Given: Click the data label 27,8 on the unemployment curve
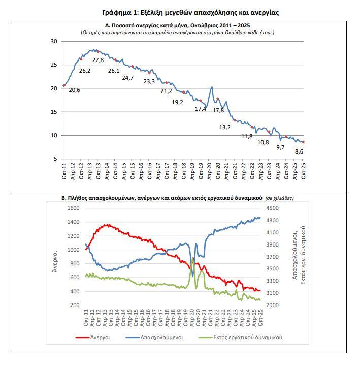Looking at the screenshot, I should pyautogui.click(x=99, y=60).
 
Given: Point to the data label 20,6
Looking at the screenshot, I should pyautogui.click(x=75, y=90).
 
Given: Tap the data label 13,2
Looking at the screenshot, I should pyautogui.click(x=224, y=128).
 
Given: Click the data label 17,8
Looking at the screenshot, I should pyautogui.click(x=218, y=110).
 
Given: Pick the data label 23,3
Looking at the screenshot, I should pyautogui.click(x=149, y=81).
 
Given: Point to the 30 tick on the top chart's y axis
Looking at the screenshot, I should pyautogui.click(x=54, y=41).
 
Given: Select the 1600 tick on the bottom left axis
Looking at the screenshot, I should pyautogui.click(x=74, y=208).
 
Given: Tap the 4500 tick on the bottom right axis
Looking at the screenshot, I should pyautogui.click(x=272, y=208).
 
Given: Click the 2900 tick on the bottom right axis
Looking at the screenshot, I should pyautogui.click(x=272, y=305).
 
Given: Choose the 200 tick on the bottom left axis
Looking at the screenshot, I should pyautogui.click(x=76, y=305).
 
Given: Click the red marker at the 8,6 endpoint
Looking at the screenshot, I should pyautogui.click(x=303, y=142).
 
